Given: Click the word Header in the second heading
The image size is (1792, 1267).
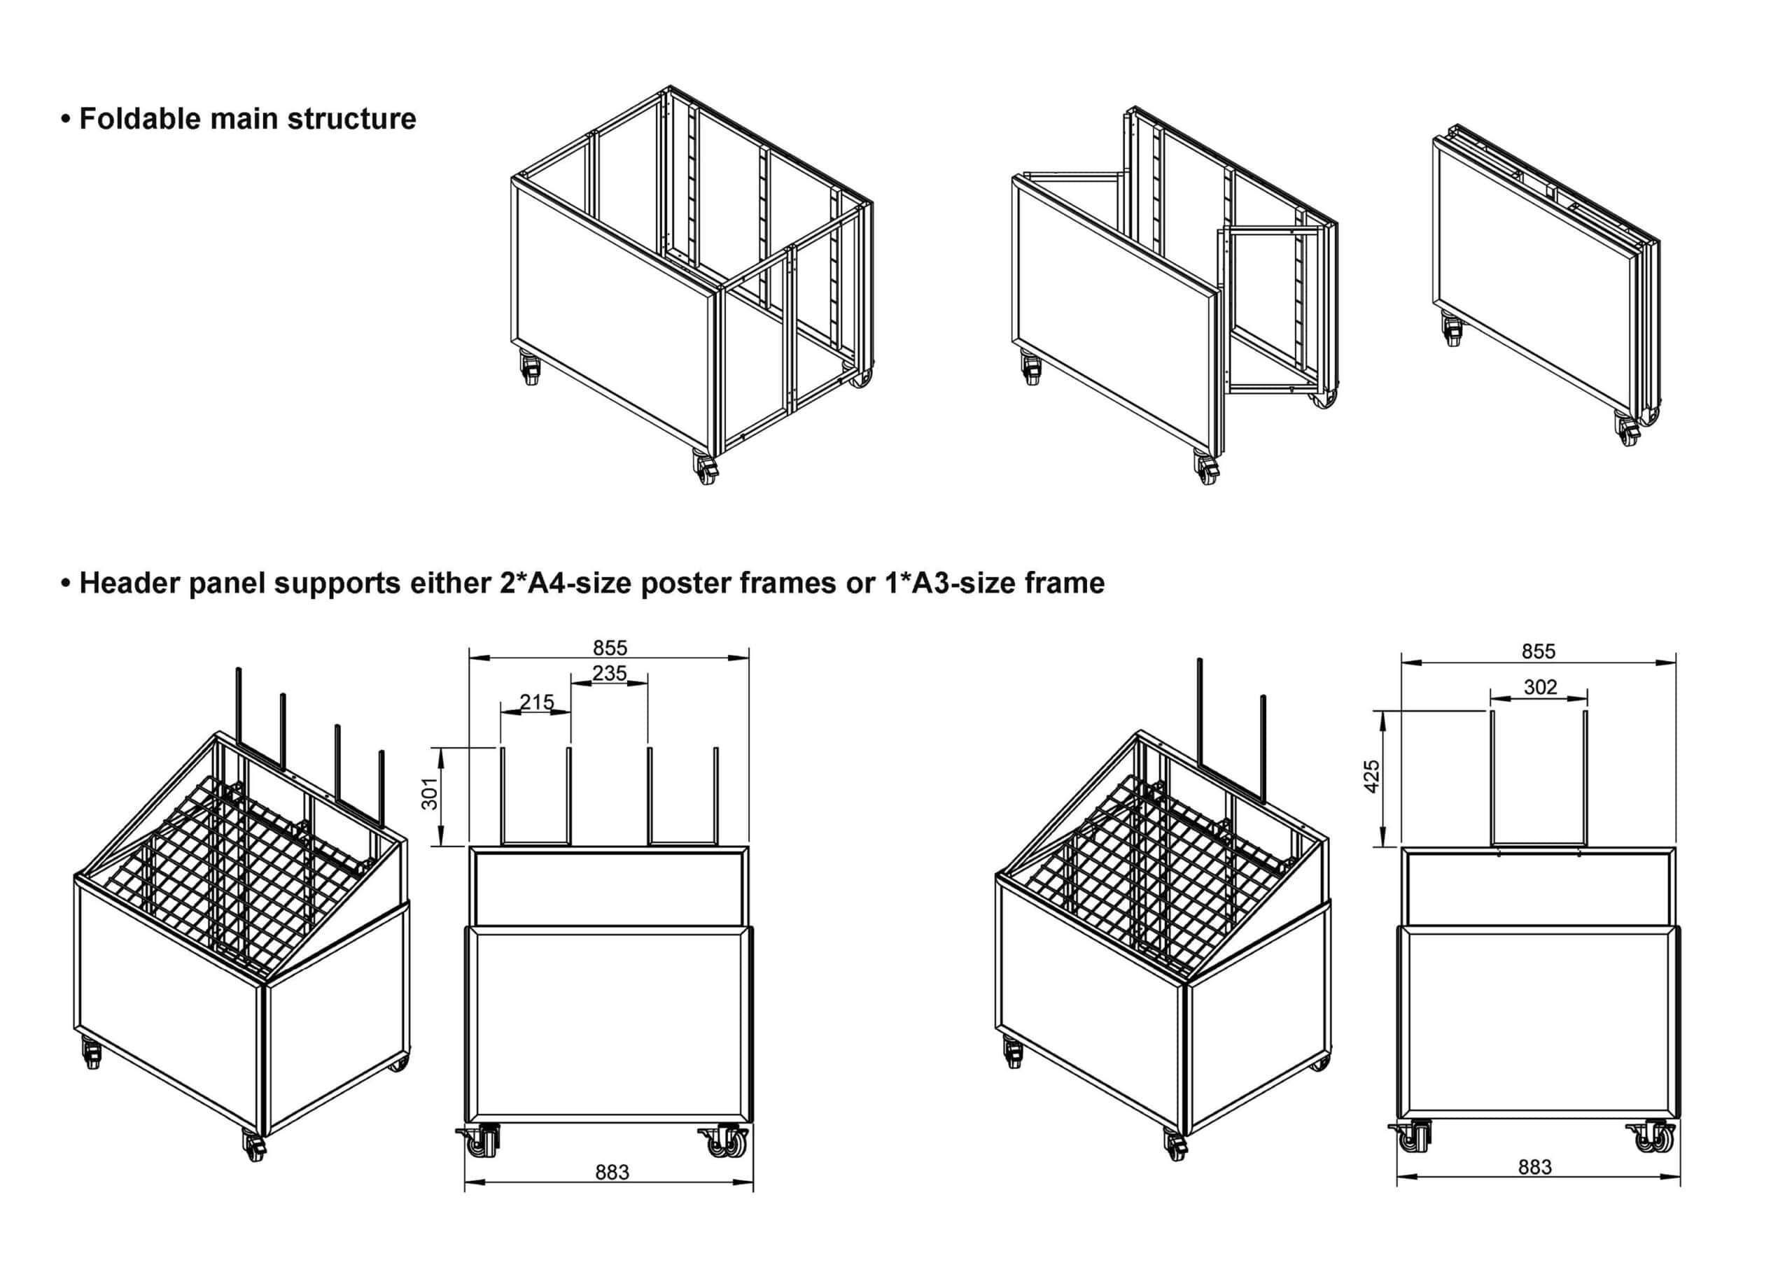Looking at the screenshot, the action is point(129,583).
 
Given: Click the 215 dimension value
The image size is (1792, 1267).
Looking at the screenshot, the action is point(537,702).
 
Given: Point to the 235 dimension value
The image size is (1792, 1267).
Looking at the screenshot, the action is point(610,672).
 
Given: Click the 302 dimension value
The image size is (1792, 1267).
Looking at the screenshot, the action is point(1540,686).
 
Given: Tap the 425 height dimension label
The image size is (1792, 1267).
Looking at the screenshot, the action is point(1372,777).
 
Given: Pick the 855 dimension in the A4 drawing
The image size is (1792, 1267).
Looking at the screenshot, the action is point(610,648).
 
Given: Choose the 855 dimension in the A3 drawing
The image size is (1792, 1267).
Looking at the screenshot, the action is point(1539,651).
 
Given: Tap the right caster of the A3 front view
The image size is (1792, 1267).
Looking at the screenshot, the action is point(1655,1138).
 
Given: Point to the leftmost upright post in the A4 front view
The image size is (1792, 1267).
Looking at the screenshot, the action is point(503,795).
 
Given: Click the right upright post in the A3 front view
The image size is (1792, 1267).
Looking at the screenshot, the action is point(1585,778).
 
